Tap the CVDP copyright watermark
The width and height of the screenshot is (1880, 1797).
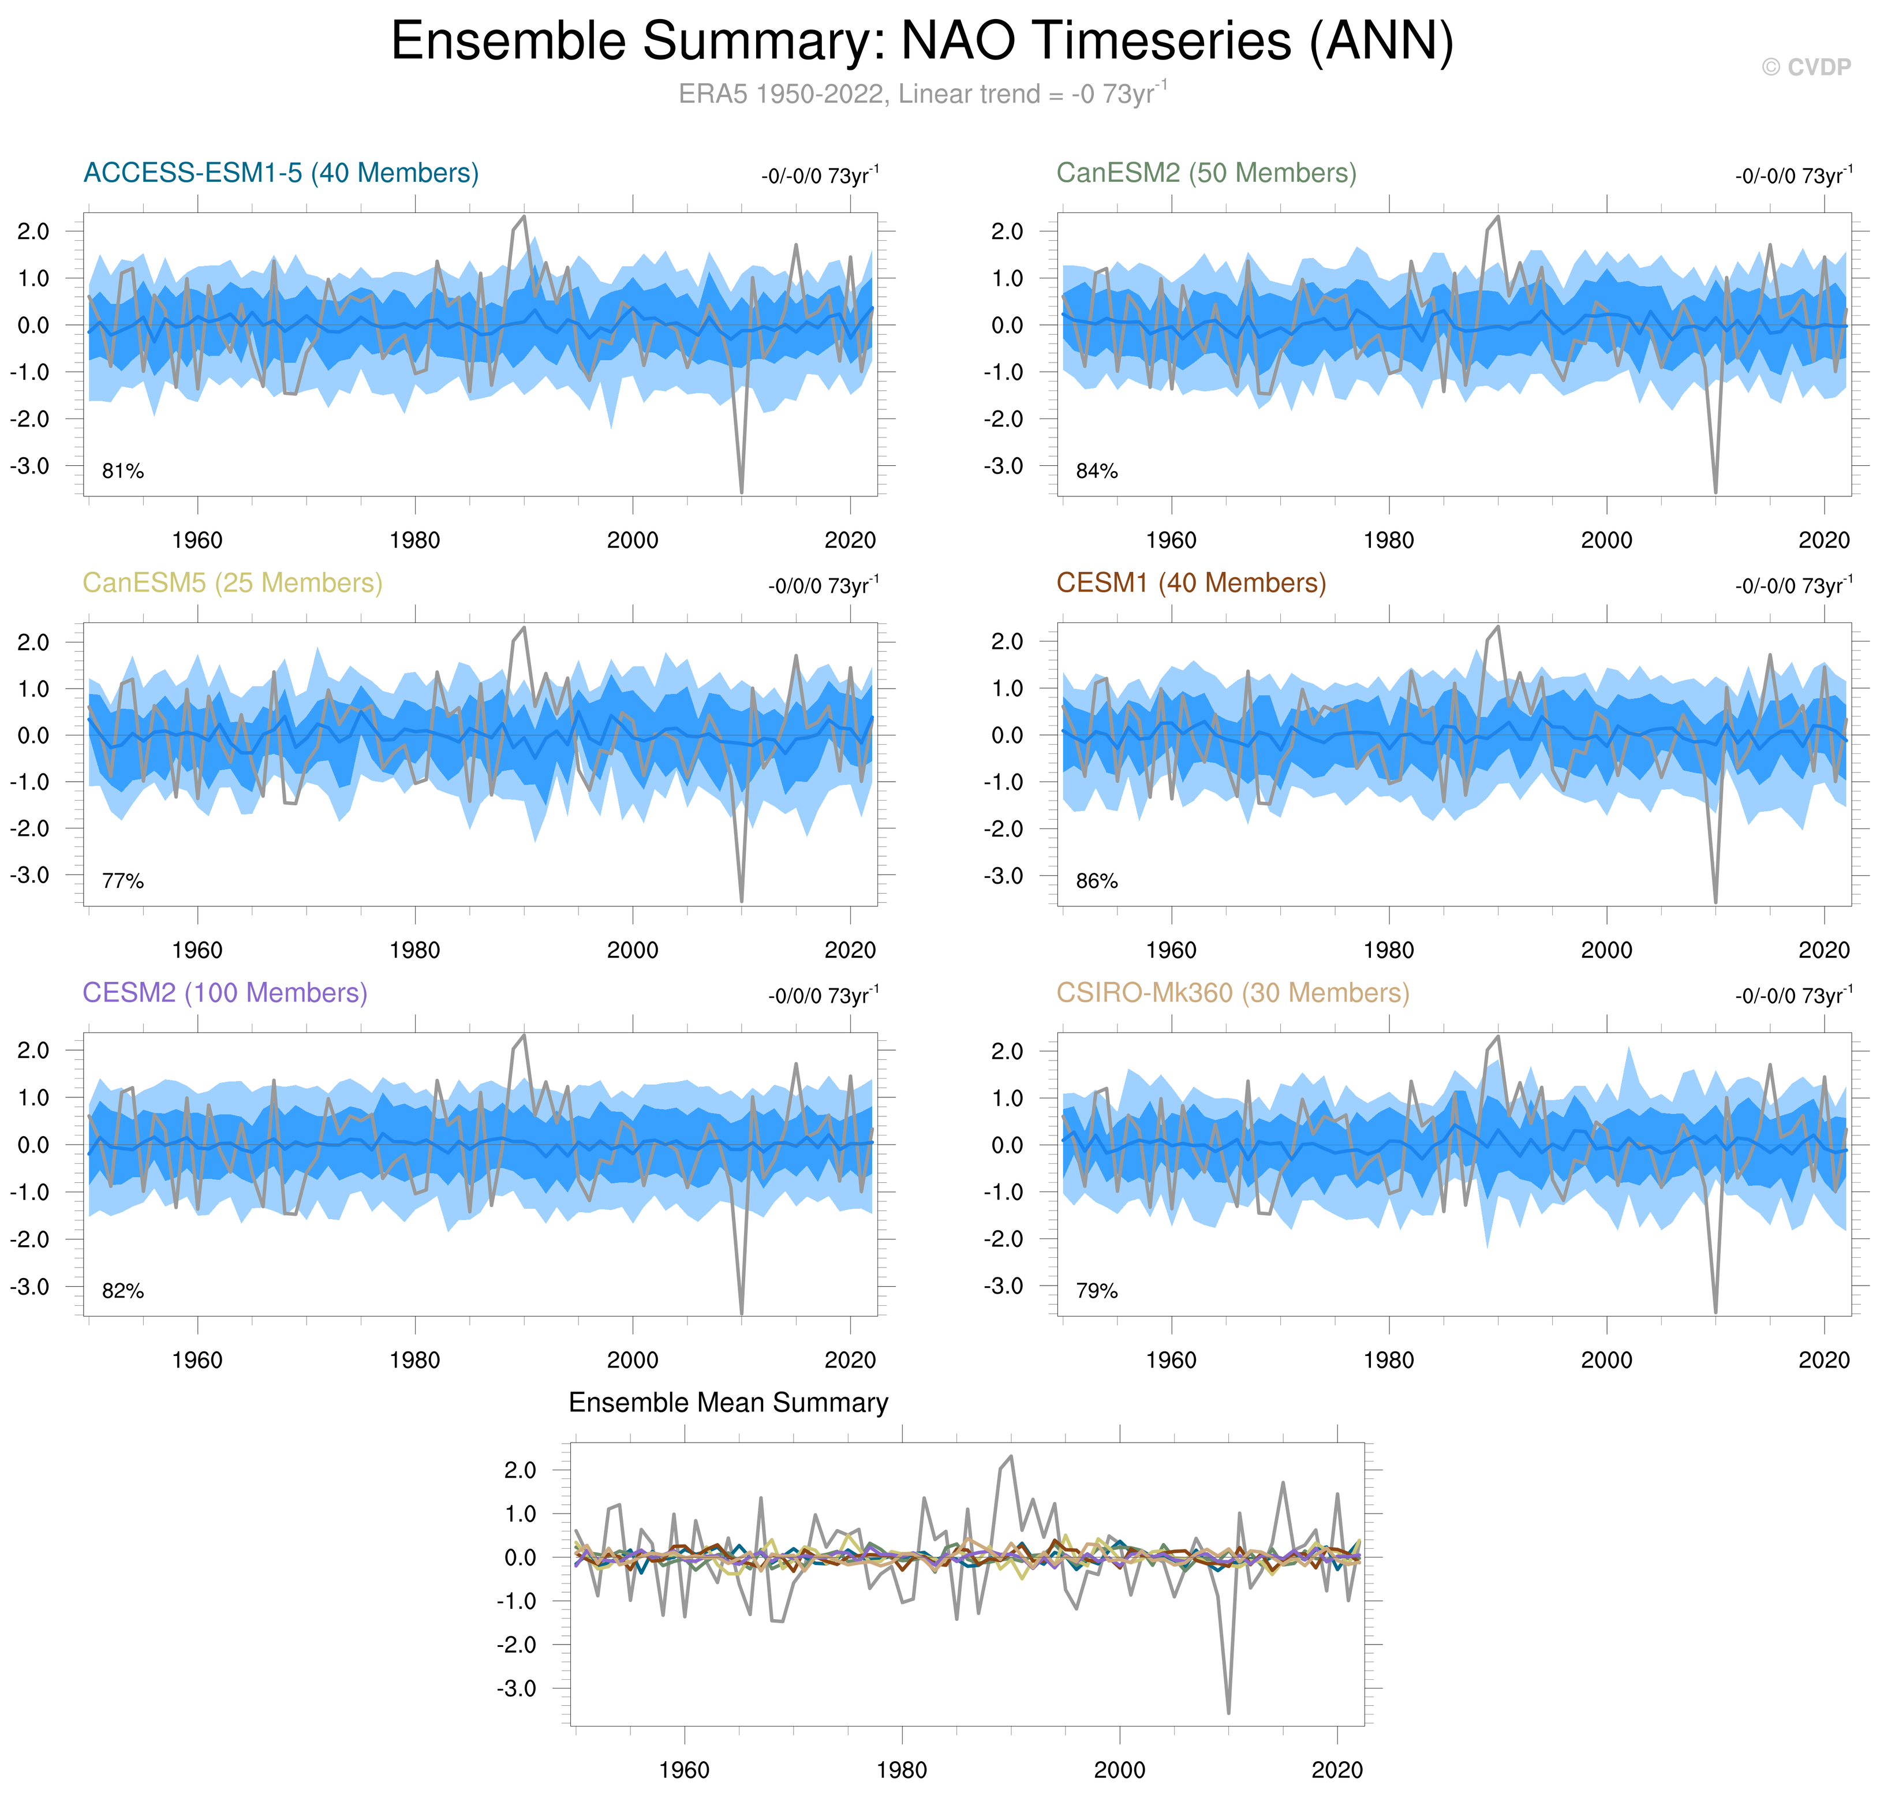tap(1806, 67)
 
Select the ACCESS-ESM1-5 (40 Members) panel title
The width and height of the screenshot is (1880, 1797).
tap(281, 173)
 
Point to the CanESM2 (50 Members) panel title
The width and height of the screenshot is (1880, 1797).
tap(1206, 173)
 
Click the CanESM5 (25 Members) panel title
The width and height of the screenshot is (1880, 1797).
tap(232, 584)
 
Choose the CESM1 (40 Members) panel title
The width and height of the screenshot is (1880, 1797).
tap(1190, 584)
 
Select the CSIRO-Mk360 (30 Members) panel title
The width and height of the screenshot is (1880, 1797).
tap(1232, 993)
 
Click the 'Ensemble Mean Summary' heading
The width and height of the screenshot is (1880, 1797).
tap(728, 1403)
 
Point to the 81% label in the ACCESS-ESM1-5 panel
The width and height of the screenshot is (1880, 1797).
tap(122, 471)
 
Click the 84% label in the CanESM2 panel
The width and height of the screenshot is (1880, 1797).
tap(1097, 471)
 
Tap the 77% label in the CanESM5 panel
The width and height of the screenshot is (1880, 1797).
tap(122, 881)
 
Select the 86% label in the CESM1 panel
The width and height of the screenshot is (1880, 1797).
tap(1097, 881)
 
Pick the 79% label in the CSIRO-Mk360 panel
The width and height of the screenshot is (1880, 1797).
tap(1097, 1291)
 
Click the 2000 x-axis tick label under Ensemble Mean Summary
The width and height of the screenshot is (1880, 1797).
tap(1119, 1770)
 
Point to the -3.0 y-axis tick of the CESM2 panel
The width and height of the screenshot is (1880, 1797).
tap(29, 1287)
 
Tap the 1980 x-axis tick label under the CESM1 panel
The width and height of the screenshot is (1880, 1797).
tap(1389, 950)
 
